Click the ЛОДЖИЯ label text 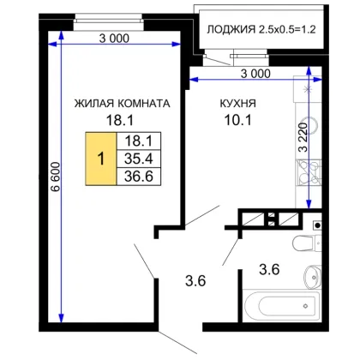[x=231, y=29]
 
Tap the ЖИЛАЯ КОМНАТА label [x=123, y=103]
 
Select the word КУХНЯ [x=238, y=103]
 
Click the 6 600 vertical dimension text [x=55, y=177]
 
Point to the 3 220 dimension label [x=303, y=137]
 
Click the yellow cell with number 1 [x=101, y=159]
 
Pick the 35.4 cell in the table [x=139, y=159]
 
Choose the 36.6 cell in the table [x=139, y=177]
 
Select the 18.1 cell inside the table [x=139, y=141]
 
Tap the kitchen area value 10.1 [x=238, y=120]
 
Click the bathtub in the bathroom [x=281, y=306]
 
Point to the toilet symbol [x=307, y=243]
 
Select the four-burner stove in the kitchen [x=309, y=172]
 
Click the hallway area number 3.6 [x=195, y=281]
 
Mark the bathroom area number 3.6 [x=269, y=269]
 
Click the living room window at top [x=109, y=21]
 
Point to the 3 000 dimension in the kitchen [x=255, y=74]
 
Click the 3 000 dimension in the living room [x=114, y=38]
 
